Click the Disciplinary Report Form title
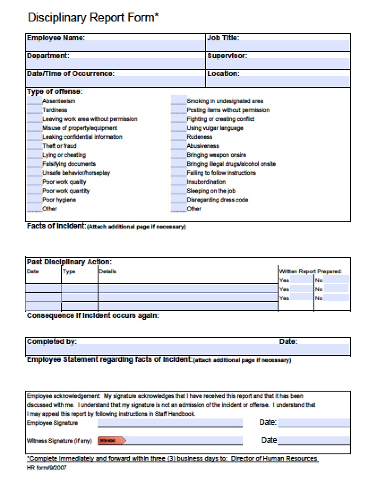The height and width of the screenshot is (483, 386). pyautogui.click(x=93, y=17)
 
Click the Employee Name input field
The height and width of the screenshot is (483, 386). pyautogui.click(x=116, y=46)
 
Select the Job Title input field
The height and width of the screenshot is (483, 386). pyautogui.click(x=278, y=46)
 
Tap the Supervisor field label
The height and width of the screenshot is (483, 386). pyautogui.click(x=227, y=56)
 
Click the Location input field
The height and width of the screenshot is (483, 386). pyautogui.click(x=278, y=82)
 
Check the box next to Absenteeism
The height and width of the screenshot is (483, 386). pyautogui.click(x=34, y=101)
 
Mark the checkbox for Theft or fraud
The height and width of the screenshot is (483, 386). pyautogui.click(x=34, y=146)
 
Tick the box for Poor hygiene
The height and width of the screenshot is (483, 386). pyautogui.click(x=34, y=199)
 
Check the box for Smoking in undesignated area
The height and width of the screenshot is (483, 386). pyautogui.click(x=179, y=101)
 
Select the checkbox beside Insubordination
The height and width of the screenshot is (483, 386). pyautogui.click(x=179, y=181)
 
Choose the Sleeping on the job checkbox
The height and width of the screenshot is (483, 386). pyautogui.click(x=179, y=190)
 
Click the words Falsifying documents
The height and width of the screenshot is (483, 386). pyautogui.click(x=69, y=164)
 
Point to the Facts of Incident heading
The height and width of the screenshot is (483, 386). pyautogui.click(x=56, y=226)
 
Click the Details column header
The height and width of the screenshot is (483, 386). pyautogui.click(x=107, y=272)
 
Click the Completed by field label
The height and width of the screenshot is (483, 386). pyautogui.click(x=51, y=341)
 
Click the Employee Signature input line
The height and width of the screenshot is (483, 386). pyautogui.click(x=170, y=423)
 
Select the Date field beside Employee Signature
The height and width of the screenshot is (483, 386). pyautogui.click(x=313, y=423)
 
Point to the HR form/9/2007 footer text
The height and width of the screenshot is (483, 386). pyautogui.click(x=47, y=467)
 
